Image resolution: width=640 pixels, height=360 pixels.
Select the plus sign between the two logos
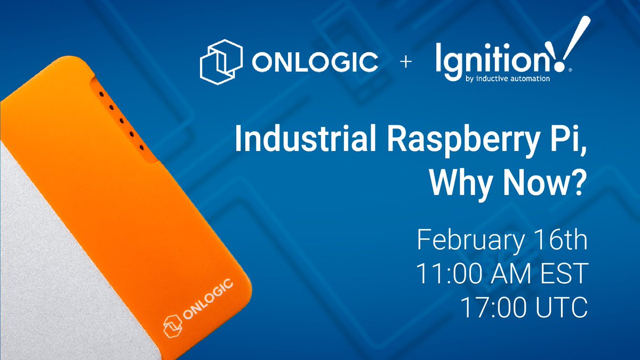click(406, 63)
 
